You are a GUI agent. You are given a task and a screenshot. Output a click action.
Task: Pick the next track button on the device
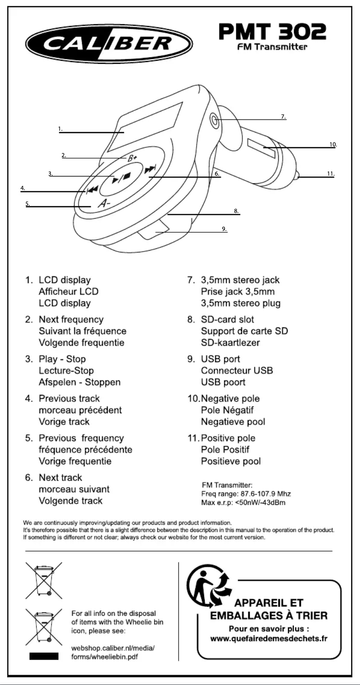click(150, 171)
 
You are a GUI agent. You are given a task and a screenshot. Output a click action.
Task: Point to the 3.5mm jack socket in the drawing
click(215, 120)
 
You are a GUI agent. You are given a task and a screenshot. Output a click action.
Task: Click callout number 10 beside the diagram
click(333, 145)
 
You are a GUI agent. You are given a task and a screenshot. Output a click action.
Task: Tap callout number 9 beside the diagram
click(224, 229)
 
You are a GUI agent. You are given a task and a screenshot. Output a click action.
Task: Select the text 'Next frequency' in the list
click(71, 320)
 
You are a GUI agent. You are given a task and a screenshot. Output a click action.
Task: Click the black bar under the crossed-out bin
click(44, 657)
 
